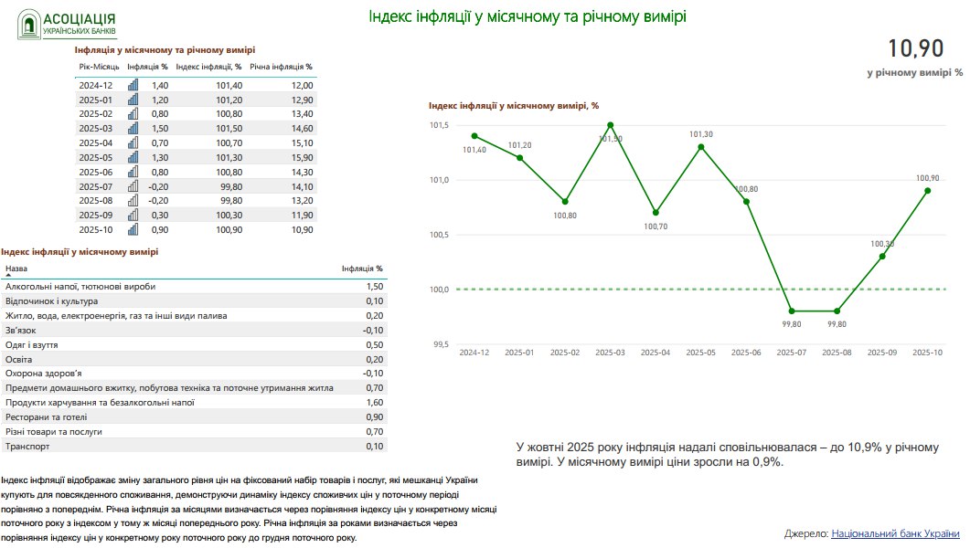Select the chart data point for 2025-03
(x=610, y=125)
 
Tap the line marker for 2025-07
(x=792, y=311)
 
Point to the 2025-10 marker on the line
(x=928, y=190)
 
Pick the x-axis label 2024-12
(x=474, y=352)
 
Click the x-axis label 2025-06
(x=746, y=352)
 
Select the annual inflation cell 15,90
(x=301, y=157)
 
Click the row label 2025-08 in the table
(x=95, y=200)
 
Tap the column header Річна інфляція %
(x=281, y=67)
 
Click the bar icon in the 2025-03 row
(x=133, y=129)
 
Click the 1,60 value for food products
(x=374, y=402)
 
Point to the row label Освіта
(x=19, y=359)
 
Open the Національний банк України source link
(x=895, y=532)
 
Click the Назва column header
(x=16, y=269)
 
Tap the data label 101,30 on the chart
(x=701, y=134)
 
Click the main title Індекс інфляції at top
(x=527, y=17)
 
